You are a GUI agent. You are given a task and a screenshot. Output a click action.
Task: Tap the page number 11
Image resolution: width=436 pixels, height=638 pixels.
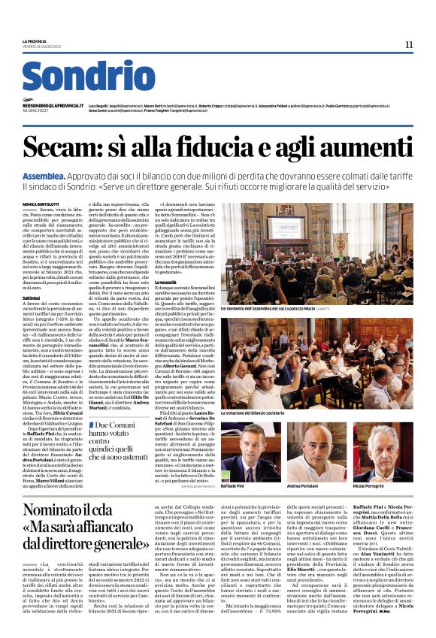point(408,44)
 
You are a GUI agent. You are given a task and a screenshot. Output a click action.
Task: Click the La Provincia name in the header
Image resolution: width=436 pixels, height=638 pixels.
point(34,41)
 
